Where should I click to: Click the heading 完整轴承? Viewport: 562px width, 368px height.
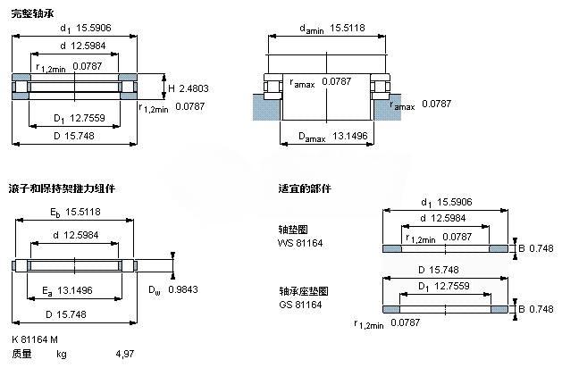coord(33,14)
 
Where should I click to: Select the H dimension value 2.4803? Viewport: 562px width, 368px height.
coord(194,88)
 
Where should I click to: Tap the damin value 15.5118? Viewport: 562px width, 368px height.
coord(348,28)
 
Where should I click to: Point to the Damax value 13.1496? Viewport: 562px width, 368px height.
coord(350,136)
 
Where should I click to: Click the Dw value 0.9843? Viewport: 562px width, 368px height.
coord(183,289)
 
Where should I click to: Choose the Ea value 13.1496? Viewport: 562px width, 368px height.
coord(75,290)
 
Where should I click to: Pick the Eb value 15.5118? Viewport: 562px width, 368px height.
coord(83,212)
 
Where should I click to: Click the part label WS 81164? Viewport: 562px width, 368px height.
coord(300,243)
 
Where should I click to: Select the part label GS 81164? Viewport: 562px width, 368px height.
coord(300,305)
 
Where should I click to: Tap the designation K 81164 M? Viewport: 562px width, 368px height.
coord(35,339)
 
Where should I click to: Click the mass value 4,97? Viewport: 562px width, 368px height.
coord(125,354)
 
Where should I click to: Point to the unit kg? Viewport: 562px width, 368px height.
coord(62,355)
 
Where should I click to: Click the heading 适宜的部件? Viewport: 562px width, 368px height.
coord(305,188)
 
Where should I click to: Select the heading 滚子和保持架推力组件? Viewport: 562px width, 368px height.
coord(62,188)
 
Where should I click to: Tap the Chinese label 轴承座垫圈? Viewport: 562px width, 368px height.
coord(304,291)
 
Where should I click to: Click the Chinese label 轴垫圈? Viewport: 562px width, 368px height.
coord(293,230)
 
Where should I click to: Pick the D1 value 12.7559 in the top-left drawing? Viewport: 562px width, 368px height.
coord(87,118)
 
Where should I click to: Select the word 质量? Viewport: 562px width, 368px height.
coord(21,354)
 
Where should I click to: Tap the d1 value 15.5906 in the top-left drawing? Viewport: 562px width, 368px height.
coord(94,28)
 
